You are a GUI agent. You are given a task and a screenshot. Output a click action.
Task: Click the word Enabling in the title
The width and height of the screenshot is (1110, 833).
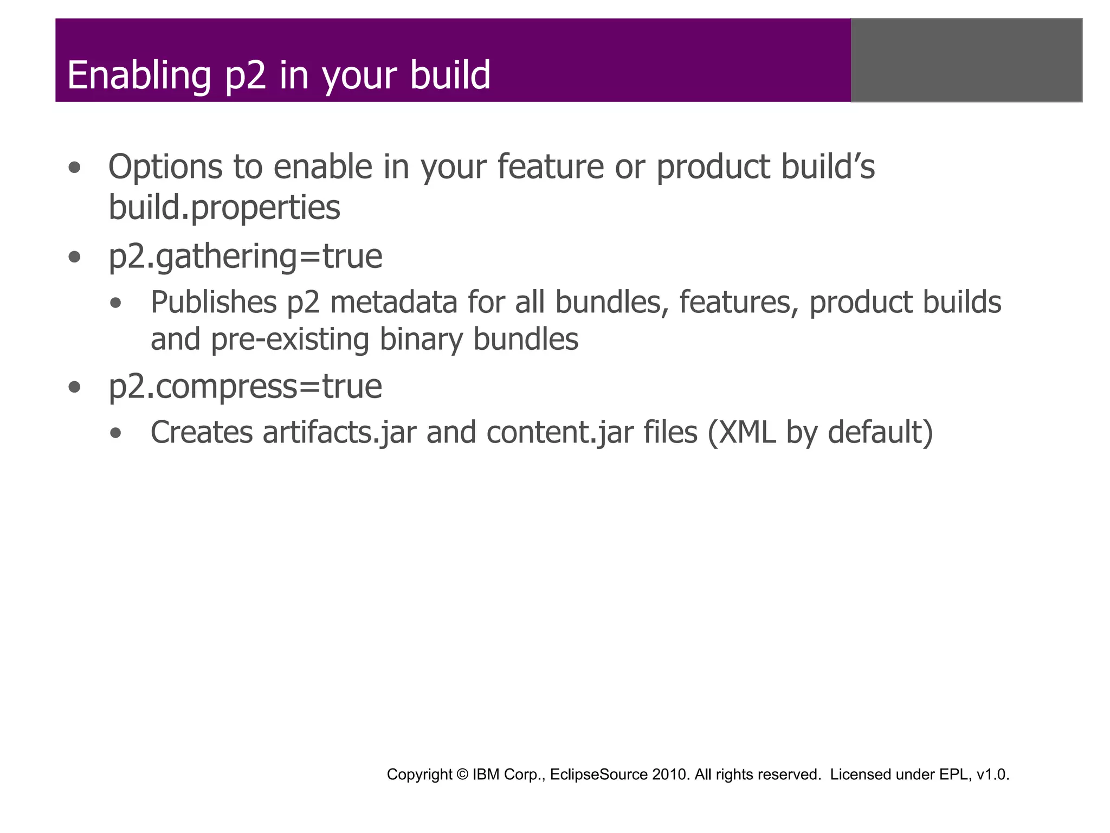(139, 75)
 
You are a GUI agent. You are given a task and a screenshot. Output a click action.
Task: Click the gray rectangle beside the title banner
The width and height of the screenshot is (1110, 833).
(966, 60)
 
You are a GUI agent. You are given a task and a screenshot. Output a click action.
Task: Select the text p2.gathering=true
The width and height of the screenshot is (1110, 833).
(245, 257)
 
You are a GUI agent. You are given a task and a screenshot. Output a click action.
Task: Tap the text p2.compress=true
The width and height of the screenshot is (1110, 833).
(245, 387)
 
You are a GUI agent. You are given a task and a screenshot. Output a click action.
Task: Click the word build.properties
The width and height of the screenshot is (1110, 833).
(224, 208)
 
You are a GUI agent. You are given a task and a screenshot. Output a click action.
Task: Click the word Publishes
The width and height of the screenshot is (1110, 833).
(214, 302)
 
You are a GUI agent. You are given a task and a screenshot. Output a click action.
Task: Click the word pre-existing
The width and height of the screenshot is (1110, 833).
(289, 340)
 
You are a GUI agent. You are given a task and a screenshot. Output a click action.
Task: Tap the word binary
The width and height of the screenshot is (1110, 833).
(421, 340)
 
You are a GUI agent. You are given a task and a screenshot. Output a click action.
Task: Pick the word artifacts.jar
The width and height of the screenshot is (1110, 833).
(339, 433)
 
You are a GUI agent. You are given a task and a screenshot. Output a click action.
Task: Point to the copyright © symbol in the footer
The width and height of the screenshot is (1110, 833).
(462, 774)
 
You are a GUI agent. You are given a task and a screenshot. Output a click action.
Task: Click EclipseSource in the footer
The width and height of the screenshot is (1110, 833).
(598, 774)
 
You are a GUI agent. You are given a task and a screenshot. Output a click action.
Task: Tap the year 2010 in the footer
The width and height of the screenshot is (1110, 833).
(671, 774)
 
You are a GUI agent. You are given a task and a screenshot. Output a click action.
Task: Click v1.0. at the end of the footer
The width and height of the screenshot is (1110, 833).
(992, 774)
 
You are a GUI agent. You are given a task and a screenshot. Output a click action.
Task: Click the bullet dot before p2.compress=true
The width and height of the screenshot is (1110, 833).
(75, 388)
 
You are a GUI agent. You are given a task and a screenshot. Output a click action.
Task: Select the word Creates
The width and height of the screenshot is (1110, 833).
(202, 433)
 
